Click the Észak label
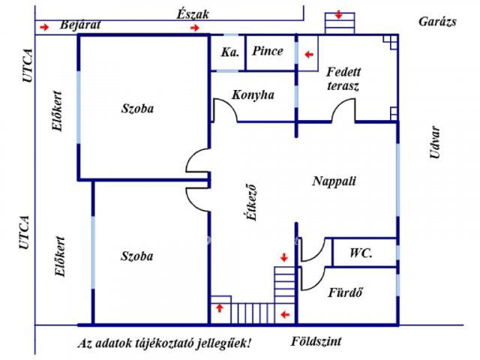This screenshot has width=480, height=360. click(193, 13)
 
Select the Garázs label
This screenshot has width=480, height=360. click(437, 21)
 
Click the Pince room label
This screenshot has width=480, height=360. click(268, 52)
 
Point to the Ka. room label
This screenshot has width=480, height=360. click(229, 52)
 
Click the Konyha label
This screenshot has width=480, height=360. click(253, 95)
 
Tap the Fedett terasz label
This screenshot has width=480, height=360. click(343, 79)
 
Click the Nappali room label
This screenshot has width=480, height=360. click(334, 181)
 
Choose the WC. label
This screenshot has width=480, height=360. click(361, 253)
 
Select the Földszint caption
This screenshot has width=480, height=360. click(316, 342)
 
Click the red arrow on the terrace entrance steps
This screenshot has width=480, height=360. click(339, 15)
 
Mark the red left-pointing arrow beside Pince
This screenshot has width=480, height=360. click(307, 54)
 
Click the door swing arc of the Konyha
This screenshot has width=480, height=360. click(225, 111)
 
